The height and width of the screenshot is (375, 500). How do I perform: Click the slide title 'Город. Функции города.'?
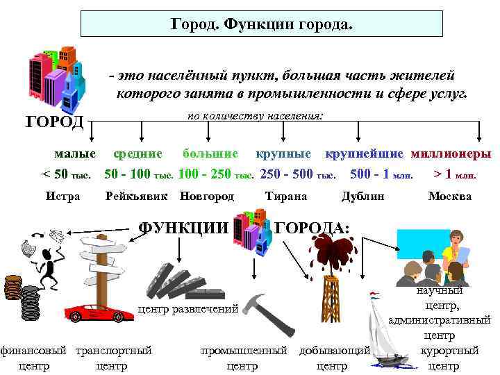(x=262, y=24)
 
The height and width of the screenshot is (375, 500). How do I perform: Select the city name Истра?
(x=62, y=196)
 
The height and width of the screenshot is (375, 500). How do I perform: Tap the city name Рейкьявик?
(x=137, y=196)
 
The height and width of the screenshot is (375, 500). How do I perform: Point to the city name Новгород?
(x=207, y=196)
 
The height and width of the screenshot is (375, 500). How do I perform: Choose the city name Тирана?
(x=285, y=196)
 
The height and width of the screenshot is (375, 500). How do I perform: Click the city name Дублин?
(x=362, y=196)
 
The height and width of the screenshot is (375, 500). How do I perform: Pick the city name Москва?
(x=449, y=196)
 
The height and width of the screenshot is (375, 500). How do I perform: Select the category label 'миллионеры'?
(x=451, y=153)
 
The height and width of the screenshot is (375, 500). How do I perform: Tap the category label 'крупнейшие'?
(x=362, y=153)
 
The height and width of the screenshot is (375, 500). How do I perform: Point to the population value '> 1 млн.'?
(x=455, y=174)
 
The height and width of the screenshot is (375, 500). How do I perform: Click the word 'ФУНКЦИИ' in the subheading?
(x=183, y=228)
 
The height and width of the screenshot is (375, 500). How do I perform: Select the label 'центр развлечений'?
(x=188, y=308)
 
